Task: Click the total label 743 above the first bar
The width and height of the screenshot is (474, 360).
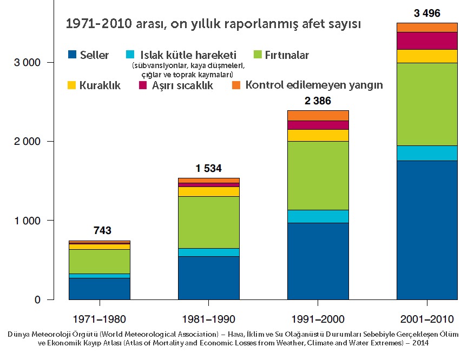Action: [x=102, y=231]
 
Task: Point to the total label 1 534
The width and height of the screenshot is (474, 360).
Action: [x=208, y=169]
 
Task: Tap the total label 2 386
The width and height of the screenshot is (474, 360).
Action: [x=318, y=101]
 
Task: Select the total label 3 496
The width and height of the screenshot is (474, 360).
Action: [x=427, y=14]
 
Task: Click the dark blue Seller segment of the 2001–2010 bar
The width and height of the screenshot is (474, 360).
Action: [x=427, y=230]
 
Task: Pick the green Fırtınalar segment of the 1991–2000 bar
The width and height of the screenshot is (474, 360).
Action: [x=318, y=175]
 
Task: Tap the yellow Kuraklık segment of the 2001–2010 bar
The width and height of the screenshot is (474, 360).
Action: [x=427, y=56]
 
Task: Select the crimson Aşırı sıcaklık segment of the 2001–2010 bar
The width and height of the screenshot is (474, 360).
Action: [x=427, y=41]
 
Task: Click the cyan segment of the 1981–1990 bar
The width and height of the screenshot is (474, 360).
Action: [x=208, y=252]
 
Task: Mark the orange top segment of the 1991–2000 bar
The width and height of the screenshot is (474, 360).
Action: [x=318, y=115]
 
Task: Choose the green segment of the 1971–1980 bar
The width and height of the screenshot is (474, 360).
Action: [x=99, y=261]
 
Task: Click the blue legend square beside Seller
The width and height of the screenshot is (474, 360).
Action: [x=72, y=55]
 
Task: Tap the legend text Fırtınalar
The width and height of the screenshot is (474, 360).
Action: [x=287, y=55]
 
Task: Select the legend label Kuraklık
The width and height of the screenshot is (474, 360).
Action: [x=100, y=85]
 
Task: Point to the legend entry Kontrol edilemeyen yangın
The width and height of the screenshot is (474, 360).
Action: [x=314, y=85]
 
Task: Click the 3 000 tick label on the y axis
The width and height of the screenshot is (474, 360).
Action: [x=27, y=63]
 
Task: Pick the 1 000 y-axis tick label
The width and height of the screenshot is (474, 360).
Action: [x=27, y=221]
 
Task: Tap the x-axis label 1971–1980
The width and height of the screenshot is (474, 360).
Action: [x=99, y=319]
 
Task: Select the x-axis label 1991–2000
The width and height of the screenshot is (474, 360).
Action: [x=318, y=319]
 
